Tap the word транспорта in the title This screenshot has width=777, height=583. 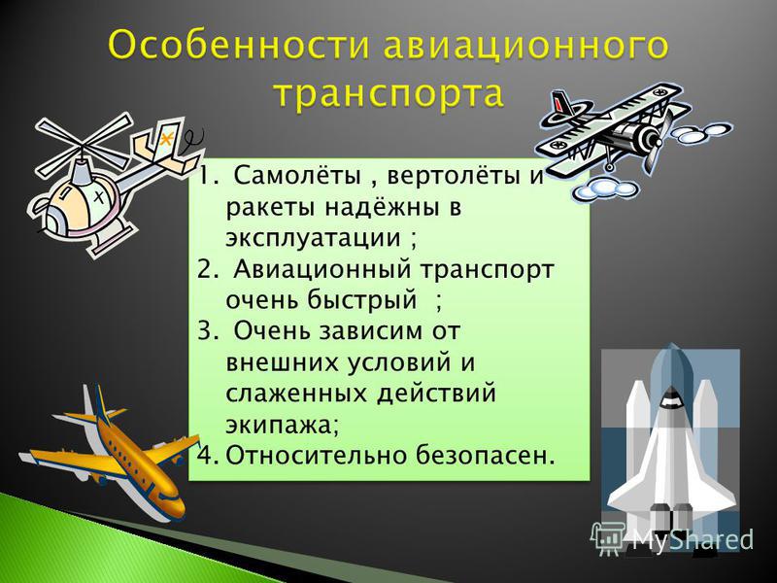tap(389, 93)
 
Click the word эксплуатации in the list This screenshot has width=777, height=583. tap(313, 238)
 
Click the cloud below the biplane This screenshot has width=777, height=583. tap(603, 189)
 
